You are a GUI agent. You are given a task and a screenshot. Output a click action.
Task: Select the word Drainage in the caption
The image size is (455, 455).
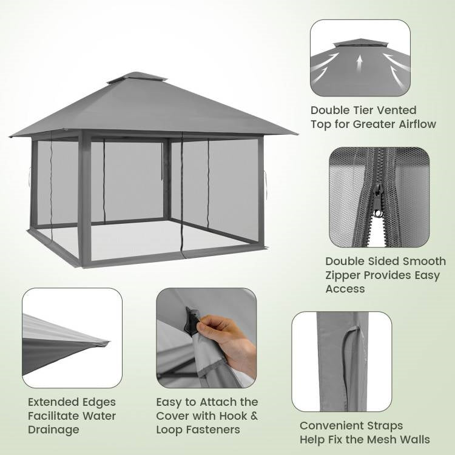tap(53, 430)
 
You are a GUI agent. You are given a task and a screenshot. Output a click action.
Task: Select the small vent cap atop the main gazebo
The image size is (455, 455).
tap(137, 78)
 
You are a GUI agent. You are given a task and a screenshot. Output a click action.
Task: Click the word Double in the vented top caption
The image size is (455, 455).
tap(331, 110)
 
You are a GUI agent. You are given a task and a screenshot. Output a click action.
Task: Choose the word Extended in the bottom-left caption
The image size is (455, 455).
tap(53, 402)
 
